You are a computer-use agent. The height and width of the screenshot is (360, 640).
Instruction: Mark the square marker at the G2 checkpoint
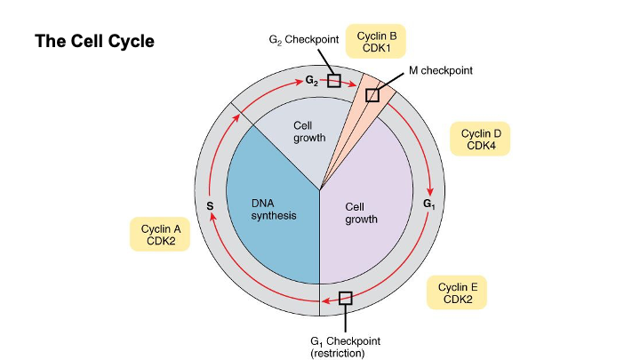[333, 80]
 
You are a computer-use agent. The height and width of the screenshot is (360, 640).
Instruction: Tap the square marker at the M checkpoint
[373, 94]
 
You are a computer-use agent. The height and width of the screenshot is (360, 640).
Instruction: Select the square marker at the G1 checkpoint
[346, 299]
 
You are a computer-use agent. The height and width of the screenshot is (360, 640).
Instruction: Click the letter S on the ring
[211, 206]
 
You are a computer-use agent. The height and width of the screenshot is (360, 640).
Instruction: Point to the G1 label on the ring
[429, 204]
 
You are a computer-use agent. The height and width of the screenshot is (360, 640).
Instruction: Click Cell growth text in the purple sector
[361, 212]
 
